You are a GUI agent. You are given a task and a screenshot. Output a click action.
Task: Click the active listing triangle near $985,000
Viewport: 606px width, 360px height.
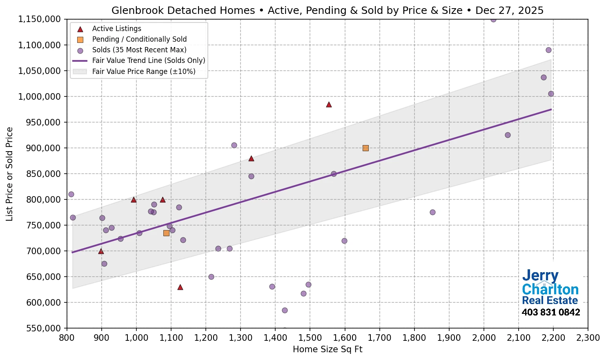[329, 105]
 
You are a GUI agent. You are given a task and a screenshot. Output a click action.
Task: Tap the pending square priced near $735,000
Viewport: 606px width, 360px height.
[166, 233]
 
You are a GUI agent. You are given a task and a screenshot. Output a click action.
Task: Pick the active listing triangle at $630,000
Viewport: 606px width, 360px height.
[180, 287]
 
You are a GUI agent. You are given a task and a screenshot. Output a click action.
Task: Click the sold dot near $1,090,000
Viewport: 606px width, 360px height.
[548, 50]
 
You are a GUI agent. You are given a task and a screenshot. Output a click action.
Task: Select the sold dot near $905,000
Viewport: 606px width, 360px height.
[234, 145]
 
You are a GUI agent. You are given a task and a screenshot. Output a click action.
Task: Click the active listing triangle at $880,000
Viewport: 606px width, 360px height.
[251, 159]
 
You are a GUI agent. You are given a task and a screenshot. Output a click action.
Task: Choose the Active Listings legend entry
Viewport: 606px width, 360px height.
[116, 29]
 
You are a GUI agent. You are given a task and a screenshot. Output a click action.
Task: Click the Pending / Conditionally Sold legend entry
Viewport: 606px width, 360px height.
[139, 39]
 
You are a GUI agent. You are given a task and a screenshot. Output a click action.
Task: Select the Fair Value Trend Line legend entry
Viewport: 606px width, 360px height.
[148, 60]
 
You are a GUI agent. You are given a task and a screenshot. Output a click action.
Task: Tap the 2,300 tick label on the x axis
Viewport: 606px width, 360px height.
[588, 338]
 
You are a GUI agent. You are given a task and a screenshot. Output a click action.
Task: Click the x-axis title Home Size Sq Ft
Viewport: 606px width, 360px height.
[328, 349]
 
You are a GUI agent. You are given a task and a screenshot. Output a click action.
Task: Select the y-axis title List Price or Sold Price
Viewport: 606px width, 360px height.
[9, 174]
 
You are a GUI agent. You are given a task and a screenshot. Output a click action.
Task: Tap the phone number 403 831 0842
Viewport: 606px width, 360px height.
[550, 313]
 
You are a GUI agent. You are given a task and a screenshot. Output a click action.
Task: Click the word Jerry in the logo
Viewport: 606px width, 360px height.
[540, 276]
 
